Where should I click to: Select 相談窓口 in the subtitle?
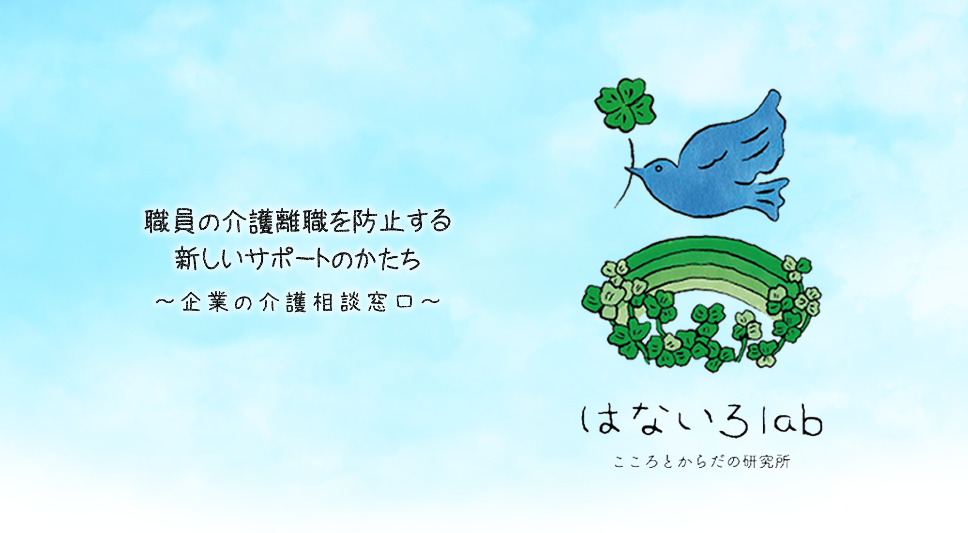364,302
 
